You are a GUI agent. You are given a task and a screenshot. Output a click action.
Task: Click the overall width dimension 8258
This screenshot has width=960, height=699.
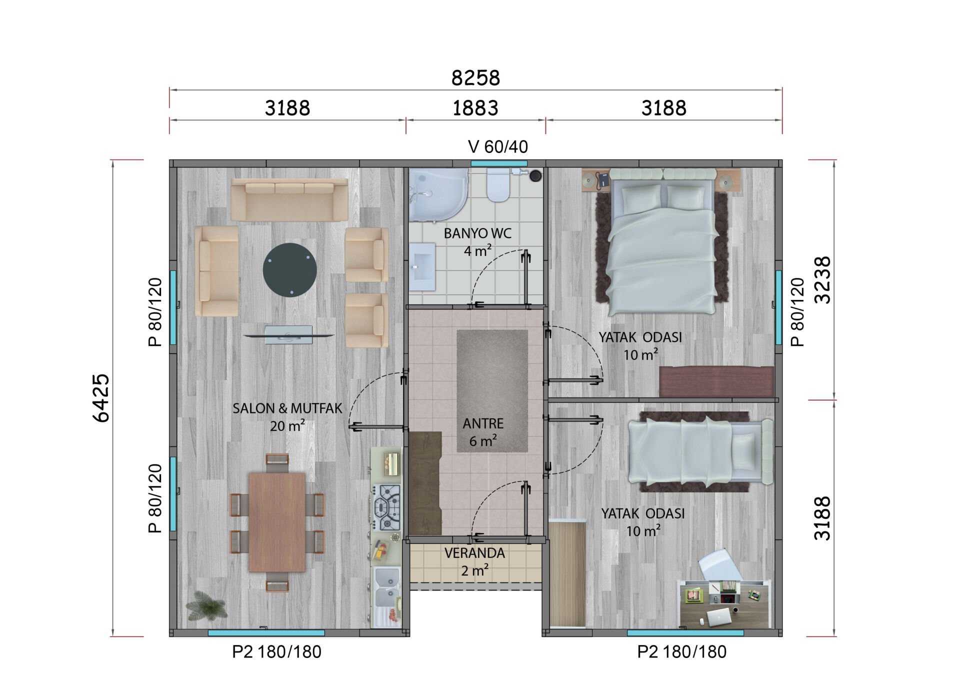point(475,78)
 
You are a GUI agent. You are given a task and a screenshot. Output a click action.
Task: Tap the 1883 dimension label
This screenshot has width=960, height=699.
point(475,108)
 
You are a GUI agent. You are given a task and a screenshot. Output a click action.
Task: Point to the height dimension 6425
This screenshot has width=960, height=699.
point(101,398)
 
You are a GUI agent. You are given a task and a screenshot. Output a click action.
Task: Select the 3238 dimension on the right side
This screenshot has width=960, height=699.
point(822,280)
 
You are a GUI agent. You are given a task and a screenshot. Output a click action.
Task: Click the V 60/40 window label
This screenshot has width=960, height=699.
point(498,146)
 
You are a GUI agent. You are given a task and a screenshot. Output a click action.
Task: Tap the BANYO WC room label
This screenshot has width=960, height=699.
point(477,233)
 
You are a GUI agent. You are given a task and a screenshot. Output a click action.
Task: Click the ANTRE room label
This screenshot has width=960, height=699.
point(483,423)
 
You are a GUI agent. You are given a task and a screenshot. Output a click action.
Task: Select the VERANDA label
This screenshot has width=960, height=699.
point(474,553)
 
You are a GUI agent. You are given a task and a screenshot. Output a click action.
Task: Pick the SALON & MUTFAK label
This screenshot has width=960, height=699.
point(287,408)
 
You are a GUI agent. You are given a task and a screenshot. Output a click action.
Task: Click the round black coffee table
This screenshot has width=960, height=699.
point(289,270)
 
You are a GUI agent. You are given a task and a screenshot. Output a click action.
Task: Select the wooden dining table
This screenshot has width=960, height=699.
point(277,522)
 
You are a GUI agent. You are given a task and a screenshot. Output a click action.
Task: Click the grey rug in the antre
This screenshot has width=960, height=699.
point(492,391)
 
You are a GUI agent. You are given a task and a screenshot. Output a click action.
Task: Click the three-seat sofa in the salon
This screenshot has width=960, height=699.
point(289,199)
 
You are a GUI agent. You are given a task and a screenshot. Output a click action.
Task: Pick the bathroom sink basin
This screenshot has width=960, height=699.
point(422,267)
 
